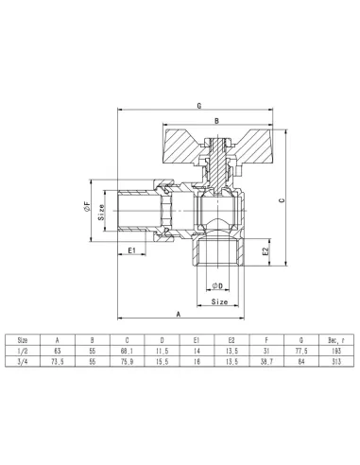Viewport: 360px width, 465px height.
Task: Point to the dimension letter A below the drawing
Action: click(179, 312)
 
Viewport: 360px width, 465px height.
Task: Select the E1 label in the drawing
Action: click(133, 250)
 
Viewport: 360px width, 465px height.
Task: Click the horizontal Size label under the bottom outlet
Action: click(218, 302)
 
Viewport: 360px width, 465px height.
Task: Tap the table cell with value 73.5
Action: click(59, 360)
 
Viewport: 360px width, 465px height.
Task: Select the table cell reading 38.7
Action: click(267, 360)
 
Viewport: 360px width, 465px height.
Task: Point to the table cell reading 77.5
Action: click(301, 348)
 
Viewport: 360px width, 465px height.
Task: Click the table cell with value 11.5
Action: click(163, 348)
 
